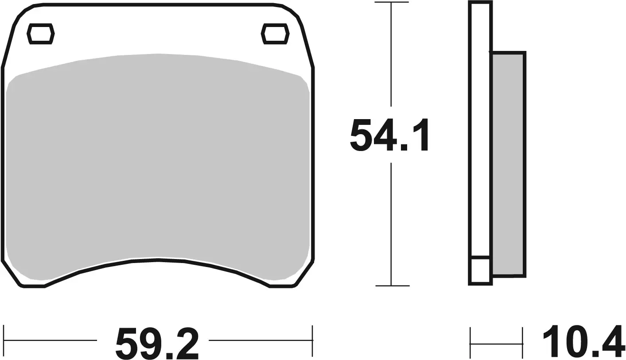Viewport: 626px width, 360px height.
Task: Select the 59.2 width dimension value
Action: click(157, 343)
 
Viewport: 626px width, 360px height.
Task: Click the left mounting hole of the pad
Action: click(41, 34)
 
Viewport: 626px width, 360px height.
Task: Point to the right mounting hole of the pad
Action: click(275, 34)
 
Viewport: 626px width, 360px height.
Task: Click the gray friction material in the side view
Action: click(508, 164)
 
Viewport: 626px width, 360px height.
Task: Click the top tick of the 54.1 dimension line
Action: click(391, 3)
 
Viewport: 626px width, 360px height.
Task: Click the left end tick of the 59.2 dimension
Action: click(4, 341)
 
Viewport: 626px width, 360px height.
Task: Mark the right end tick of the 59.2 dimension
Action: click(312, 341)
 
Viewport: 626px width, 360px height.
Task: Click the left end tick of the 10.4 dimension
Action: click(470, 343)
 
